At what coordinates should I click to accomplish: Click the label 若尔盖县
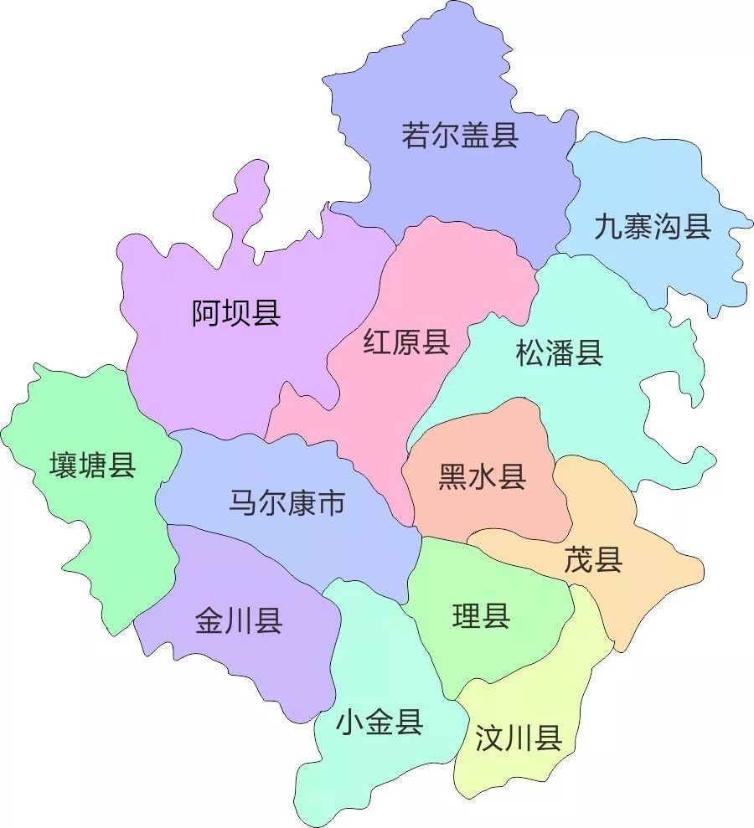(x=460, y=134)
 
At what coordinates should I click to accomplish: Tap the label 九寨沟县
(x=653, y=226)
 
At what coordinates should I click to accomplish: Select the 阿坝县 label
(x=236, y=313)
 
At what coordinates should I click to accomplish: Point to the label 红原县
(x=406, y=342)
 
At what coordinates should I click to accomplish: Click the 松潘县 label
(x=560, y=353)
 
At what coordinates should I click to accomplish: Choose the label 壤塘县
(x=92, y=465)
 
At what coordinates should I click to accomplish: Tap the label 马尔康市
(x=287, y=502)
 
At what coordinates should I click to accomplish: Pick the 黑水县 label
(x=482, y=477)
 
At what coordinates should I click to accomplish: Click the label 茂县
(x=593, y=560)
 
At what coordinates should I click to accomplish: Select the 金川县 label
(x=238, y=621)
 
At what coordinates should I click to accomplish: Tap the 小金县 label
(x=379, y=721)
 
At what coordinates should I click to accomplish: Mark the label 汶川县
(x=518, y=739)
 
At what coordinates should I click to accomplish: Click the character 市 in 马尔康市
(x=331, y=502)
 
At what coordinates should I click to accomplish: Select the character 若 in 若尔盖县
(x=416, y=134)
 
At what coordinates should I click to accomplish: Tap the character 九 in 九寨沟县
(x=608, y=226)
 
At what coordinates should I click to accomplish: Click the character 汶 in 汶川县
(x=488, y=739)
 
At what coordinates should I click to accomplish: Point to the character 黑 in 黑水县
(x=452, y=477)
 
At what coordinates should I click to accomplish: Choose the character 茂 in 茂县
(x=578, y=560)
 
